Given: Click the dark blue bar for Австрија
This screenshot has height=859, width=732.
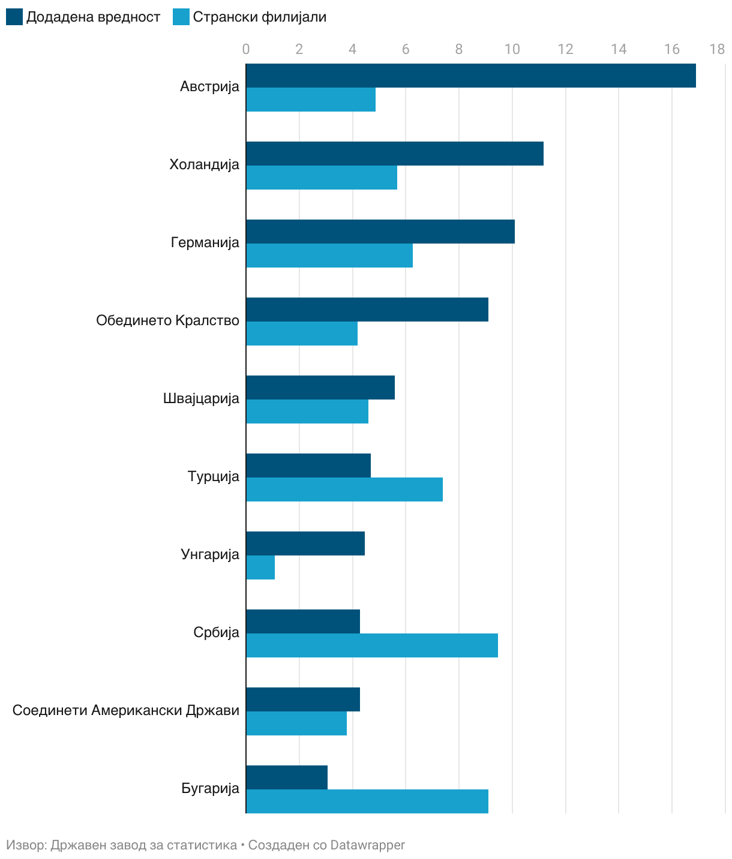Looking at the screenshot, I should point(471,76).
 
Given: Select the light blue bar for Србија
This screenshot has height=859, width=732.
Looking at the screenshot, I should point(372,645).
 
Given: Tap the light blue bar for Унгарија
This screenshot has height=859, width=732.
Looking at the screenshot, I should point(260,567).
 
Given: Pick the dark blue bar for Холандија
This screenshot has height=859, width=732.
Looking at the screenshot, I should point(395,154).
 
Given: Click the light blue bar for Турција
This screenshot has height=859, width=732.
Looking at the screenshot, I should point(344,489).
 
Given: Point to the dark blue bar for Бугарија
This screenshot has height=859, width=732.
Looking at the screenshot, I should point(287,777).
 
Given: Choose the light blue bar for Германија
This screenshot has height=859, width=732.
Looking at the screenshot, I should point(329,256).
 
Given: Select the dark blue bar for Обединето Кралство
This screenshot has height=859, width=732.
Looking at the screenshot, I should point(367,310).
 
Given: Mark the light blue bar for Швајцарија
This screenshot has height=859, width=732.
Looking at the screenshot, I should point(307,412).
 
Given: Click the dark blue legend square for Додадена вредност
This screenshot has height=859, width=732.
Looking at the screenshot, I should point(14,17).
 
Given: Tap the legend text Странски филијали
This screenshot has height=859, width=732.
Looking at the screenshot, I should point(259,17).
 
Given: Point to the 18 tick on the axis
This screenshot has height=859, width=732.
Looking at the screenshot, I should point(717,49).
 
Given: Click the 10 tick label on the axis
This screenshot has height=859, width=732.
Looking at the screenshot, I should point(512,49).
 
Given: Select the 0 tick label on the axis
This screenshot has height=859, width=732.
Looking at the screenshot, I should point(246,49).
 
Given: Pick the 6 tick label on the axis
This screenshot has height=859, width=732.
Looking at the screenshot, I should point(406,49).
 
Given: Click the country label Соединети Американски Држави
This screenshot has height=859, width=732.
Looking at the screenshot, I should point(126,710).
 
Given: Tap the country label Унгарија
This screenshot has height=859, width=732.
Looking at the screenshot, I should point(210,554).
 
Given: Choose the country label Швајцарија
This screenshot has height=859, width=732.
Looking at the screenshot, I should point(201,398).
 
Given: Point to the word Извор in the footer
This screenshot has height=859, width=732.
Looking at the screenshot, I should point(25,845).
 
